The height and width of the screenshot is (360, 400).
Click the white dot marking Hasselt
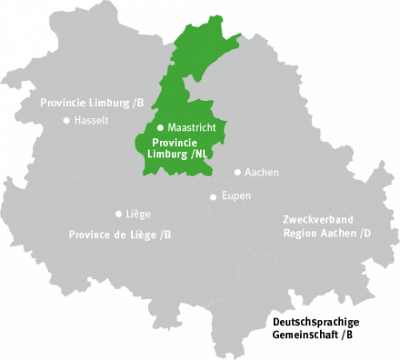pyautogui.click(x=66, y=120)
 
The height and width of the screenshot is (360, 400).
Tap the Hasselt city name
pyautogui.click(x=91, y=121)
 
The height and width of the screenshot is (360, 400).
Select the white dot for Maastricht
pyautogui.click(x=160, y=127)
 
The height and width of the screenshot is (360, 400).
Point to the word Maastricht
pyautogui.click(x=191, y=128)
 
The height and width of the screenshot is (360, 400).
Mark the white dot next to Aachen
pyautogui.click(x=237, y=172)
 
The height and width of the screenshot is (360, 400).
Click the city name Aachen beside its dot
pyautogui.click(x=262, y=173)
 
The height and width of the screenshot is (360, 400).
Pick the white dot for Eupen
pyautogui.click(x=213, y=197)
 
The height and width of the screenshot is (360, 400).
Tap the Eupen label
pyautogui.click(x=237, y=196)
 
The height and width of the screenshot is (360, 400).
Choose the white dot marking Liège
pyautogui.click(x=118, y=213)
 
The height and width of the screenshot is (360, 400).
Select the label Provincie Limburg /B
pyautogui.click(x=91, y=103)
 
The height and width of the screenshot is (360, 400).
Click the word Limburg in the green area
pyautogui.click(x=170, y=154)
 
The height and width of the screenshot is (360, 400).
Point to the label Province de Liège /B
pyautogui.click(x=120, y=235)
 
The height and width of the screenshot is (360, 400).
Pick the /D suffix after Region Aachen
pyautogui.click(x=358, y=233)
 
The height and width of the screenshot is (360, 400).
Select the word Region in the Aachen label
pyautogui.click(x=300, y=233)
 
